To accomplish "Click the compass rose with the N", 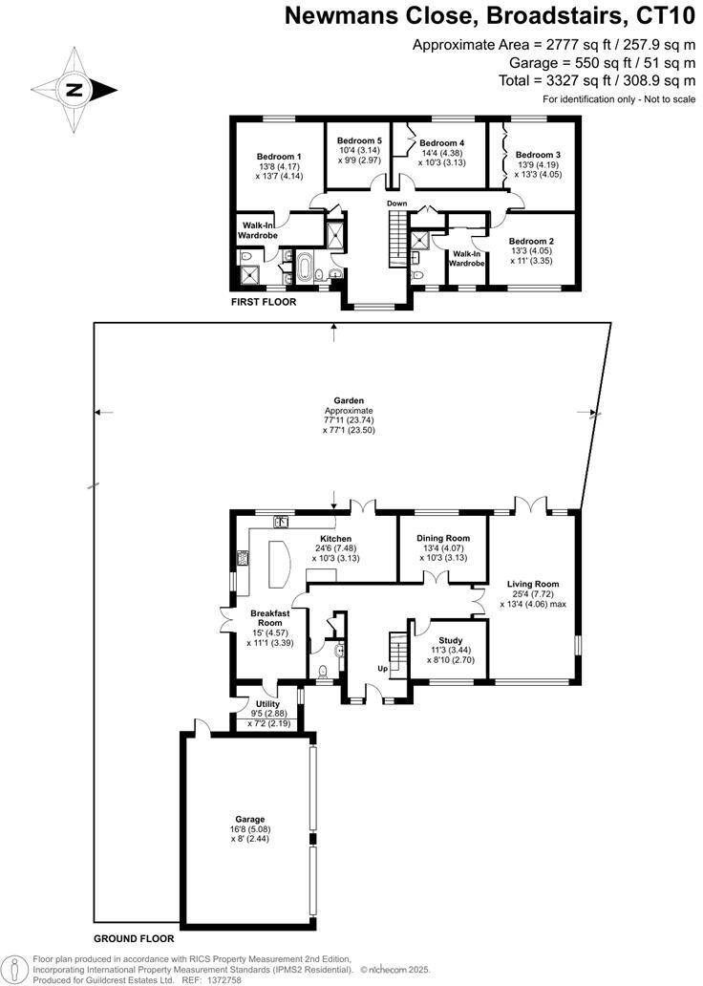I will click(74, 91).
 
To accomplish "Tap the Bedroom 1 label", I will click(279, 157).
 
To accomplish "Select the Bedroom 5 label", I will click(359, 140).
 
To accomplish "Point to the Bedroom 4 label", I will click(441, 143).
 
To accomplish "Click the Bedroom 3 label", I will click(538, 155).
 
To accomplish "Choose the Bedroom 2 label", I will click(531, 241).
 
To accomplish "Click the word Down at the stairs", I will click(396, 204).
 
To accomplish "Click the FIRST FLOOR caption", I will click(264, 302).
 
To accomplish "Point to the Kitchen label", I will click(335, 538).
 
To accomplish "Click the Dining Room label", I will click(443, 539).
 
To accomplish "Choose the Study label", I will click(450, 640).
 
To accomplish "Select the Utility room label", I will click(267, 703).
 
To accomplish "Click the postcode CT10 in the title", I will click(666, 15).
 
